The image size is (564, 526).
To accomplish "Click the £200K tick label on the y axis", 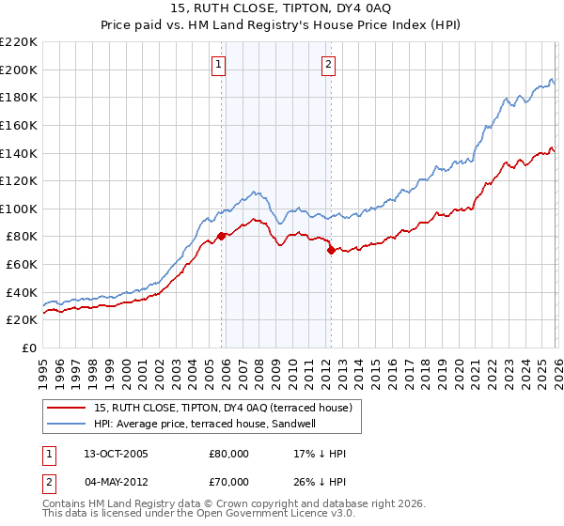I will click(19, 70).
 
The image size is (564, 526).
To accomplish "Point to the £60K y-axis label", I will click(22, 265).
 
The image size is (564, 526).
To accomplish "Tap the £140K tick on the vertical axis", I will click(19, 153).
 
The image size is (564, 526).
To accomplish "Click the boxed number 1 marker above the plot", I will click(218, 65).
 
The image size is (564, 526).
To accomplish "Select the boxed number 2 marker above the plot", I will click(328, 65).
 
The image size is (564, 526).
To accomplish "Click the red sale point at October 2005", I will click(222, 237).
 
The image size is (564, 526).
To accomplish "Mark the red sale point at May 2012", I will click(331, 251).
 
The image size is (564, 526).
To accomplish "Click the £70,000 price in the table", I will click(228, 482).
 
